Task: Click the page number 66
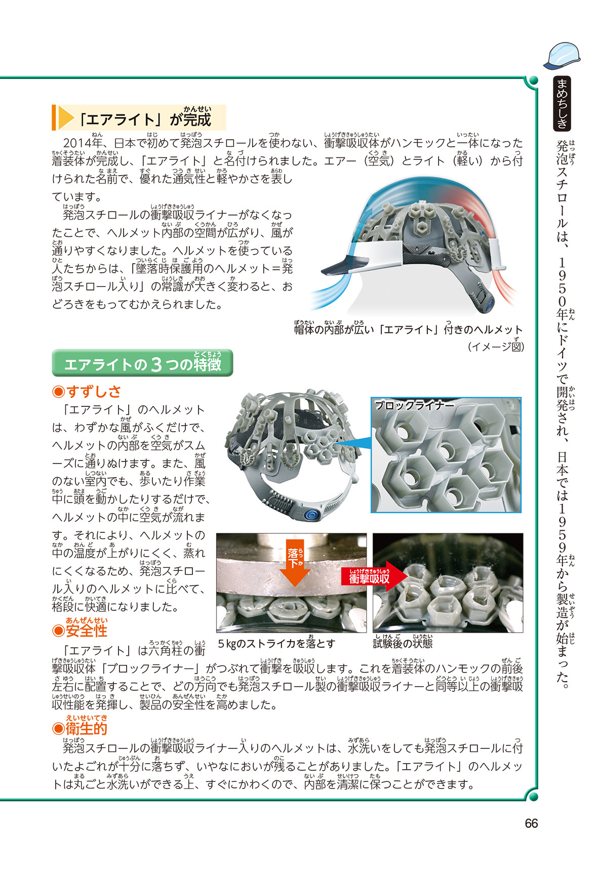(531, 823)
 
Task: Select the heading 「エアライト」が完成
(145, 119)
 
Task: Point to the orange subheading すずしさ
(87, 391)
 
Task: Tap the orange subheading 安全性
(80, 630)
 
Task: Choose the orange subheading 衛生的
(80, 728)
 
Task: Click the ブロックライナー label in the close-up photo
(414, 405)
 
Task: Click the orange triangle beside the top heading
(66, 118)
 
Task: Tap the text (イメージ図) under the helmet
(495, 347)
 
